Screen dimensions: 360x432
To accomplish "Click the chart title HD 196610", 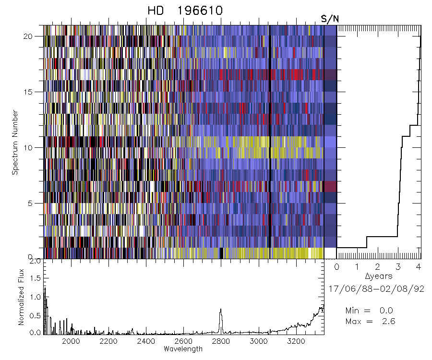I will (x=185, y=11).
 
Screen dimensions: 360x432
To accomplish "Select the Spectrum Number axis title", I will (x=15, y=143).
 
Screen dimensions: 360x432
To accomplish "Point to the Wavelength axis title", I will (x=183, y=349).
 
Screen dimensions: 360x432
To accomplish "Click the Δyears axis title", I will (x=379, y=276).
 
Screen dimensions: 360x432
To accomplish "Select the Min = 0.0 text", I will (x=370, y=311).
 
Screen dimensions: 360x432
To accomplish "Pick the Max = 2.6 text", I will (x=370, y=321).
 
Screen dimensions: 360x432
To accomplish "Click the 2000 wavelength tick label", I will (x=71, y=341).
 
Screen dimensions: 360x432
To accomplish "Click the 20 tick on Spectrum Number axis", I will (x=34, y=36).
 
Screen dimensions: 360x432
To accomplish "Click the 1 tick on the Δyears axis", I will (x=357, y=266).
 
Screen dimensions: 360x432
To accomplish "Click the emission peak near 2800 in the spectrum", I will (x=221, y=310).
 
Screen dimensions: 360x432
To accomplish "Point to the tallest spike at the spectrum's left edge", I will (x=45, y=288).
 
